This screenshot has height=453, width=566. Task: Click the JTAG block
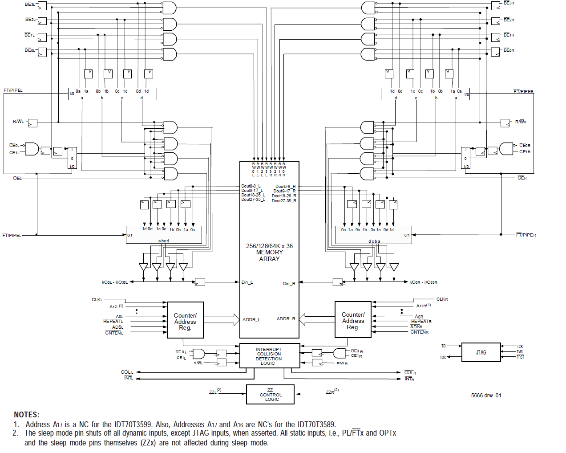pos(481,352)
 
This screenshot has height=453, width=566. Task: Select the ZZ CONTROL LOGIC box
pos(270,395)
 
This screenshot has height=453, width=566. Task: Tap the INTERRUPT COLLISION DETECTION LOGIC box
pos(269,356)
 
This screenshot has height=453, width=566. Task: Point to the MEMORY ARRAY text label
pos(269,253)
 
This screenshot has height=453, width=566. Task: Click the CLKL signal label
pos(97,300)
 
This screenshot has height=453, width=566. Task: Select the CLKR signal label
pos(442,299)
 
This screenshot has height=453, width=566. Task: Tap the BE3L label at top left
pos(30,4)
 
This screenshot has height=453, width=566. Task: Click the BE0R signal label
pos(509,50)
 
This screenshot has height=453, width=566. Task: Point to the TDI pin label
pos(444,346)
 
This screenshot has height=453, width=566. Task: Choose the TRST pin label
pos(520,357)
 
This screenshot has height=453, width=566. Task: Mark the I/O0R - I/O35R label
pos(423,282)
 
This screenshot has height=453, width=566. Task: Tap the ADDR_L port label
pos(251,320)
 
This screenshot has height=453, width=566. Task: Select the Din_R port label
pos(289,284)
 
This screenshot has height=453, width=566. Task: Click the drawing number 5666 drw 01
pos(486,396)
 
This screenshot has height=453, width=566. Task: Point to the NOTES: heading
pos(26,415)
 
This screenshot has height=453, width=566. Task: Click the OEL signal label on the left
pos(17,178)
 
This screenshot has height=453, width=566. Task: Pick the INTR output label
pos(409,379)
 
